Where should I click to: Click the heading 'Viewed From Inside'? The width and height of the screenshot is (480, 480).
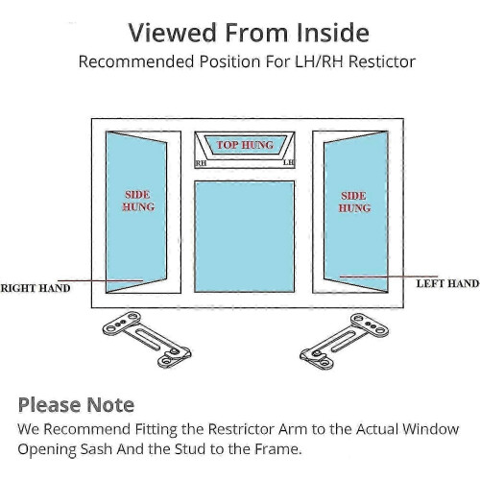249,33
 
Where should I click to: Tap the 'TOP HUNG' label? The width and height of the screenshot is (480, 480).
245,145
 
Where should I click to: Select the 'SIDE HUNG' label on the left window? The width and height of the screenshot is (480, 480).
138,201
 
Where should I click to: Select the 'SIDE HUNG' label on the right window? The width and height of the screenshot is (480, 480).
354,202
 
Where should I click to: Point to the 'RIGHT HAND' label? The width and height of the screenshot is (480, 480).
36,288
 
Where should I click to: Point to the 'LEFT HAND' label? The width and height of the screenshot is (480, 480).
447,283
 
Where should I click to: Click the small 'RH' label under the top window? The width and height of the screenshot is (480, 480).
201,163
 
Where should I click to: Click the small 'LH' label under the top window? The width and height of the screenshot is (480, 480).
288,162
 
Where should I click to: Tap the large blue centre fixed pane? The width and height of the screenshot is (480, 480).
245,236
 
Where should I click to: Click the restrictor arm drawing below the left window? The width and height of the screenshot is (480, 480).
147,340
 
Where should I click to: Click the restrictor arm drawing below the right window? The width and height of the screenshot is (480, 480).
345,342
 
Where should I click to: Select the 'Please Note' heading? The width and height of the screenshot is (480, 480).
76,405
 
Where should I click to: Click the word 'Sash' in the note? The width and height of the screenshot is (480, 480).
96,449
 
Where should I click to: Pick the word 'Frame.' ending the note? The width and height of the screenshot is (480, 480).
278,449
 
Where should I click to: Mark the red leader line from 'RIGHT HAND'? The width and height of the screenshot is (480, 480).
100,280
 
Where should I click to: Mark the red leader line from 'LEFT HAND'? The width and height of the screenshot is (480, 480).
389,276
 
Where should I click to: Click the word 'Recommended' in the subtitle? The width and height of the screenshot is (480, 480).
136,61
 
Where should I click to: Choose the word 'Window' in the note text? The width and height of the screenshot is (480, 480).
430,429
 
